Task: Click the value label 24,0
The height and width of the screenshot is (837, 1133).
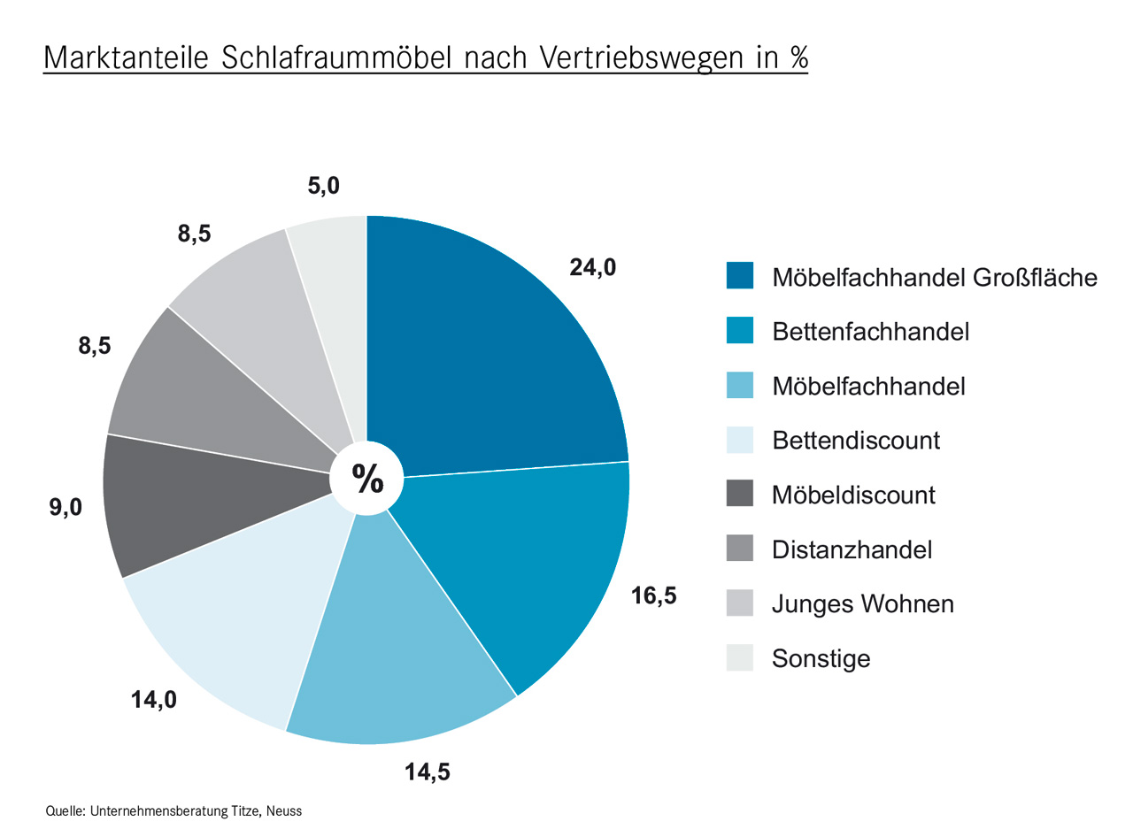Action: [592, 266]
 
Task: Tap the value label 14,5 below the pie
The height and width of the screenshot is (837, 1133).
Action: [428, 772]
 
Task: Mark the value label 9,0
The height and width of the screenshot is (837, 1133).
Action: [66, 508]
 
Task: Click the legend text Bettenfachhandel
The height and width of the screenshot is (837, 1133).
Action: [870, 331]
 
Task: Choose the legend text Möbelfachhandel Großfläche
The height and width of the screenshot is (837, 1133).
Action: [934, 277]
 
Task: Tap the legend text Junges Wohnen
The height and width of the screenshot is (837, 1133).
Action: [862, 604]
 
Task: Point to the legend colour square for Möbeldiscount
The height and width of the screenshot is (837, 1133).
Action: [739, 494]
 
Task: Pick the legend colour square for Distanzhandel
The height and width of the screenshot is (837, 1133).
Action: [739, 549]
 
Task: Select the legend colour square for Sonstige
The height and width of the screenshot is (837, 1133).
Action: [739, 658]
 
